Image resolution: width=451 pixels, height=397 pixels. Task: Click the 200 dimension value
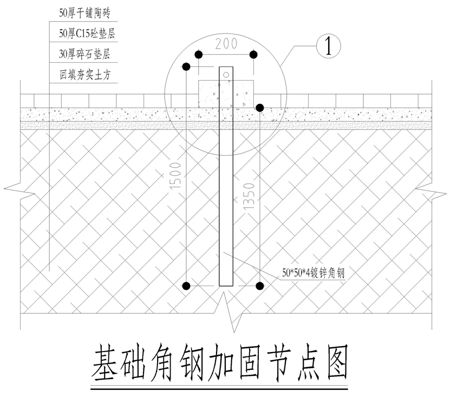[x=226, y=44]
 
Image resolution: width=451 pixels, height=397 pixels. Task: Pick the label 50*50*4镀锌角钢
[x=313, y=274]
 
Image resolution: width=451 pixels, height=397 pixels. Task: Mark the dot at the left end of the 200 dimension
[x=199, y=55]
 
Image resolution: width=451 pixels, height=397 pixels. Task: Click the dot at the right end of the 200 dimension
[x=253, y=55]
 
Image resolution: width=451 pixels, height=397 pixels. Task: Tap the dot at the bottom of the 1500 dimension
[x=186, y=285]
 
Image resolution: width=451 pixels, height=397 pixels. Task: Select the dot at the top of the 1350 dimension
[x=260, y=108]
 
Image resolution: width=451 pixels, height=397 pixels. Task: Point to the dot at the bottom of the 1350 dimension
[x=260, y=285]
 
